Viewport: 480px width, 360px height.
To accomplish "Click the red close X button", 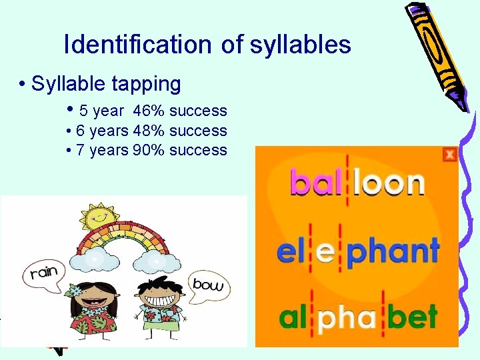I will coord(450,155).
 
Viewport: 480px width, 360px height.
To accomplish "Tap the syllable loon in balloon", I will coord(389,183).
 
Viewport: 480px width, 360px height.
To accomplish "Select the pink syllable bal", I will coord(316,182).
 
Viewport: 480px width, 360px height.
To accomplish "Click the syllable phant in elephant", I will coord(394,253).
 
